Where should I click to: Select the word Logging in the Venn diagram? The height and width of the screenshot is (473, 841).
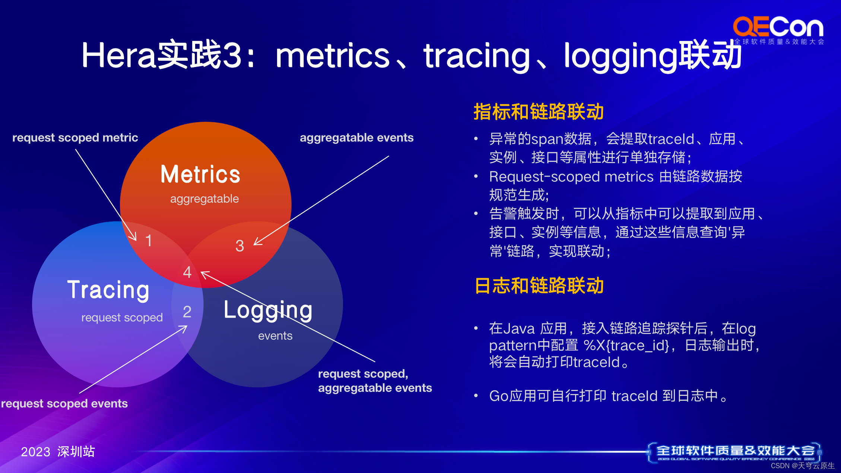pos(268,310)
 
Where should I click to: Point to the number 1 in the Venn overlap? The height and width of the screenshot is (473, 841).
pos(149,241)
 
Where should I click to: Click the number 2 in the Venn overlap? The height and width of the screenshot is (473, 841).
pos(187,312)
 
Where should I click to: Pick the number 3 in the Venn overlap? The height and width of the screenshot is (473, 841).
pos(239,246)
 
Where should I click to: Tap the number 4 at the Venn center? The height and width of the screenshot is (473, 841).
pos(187,272)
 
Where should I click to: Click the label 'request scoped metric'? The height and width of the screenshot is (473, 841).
pos(75,137)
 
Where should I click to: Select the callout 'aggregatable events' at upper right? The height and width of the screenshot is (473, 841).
pos(356,137)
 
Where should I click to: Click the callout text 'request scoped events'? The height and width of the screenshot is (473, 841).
pos(64,403)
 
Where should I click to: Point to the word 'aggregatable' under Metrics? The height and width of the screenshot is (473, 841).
pos(204,199)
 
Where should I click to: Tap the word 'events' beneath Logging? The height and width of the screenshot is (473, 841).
pos(275,336)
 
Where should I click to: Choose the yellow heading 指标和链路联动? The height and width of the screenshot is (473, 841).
pos(539,112)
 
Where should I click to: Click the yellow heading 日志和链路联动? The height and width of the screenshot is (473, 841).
pos(539,286)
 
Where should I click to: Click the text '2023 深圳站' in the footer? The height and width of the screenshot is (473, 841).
pos(58,451)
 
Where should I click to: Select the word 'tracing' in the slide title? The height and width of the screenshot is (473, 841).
pos(477,56)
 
